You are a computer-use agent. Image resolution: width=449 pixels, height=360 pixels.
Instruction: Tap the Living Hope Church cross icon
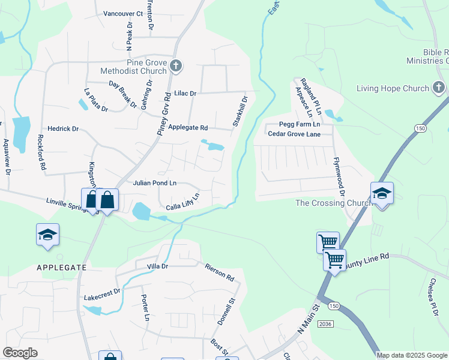coord(439,89)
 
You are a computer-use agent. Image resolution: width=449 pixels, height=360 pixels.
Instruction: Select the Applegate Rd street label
coord(187,128)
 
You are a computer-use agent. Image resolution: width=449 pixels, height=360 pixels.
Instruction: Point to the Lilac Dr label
coord(185,94)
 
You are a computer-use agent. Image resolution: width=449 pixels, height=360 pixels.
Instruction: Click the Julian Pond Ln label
coord(155,182)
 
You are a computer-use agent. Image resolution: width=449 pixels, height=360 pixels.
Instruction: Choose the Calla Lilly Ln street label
coord(182,203)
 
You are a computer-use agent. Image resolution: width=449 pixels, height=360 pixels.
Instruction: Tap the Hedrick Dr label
coord(64,128)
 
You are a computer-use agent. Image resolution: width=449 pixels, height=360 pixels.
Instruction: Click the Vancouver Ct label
coord(123,13)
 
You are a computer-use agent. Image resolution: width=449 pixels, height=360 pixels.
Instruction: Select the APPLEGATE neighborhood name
coord(61,267)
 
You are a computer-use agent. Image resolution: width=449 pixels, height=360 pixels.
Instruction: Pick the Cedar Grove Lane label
coord(294,134)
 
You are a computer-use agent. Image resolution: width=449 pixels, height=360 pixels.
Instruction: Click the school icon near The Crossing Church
coord(382,194)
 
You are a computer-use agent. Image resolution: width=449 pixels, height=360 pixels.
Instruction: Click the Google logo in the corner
coord(20,353)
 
